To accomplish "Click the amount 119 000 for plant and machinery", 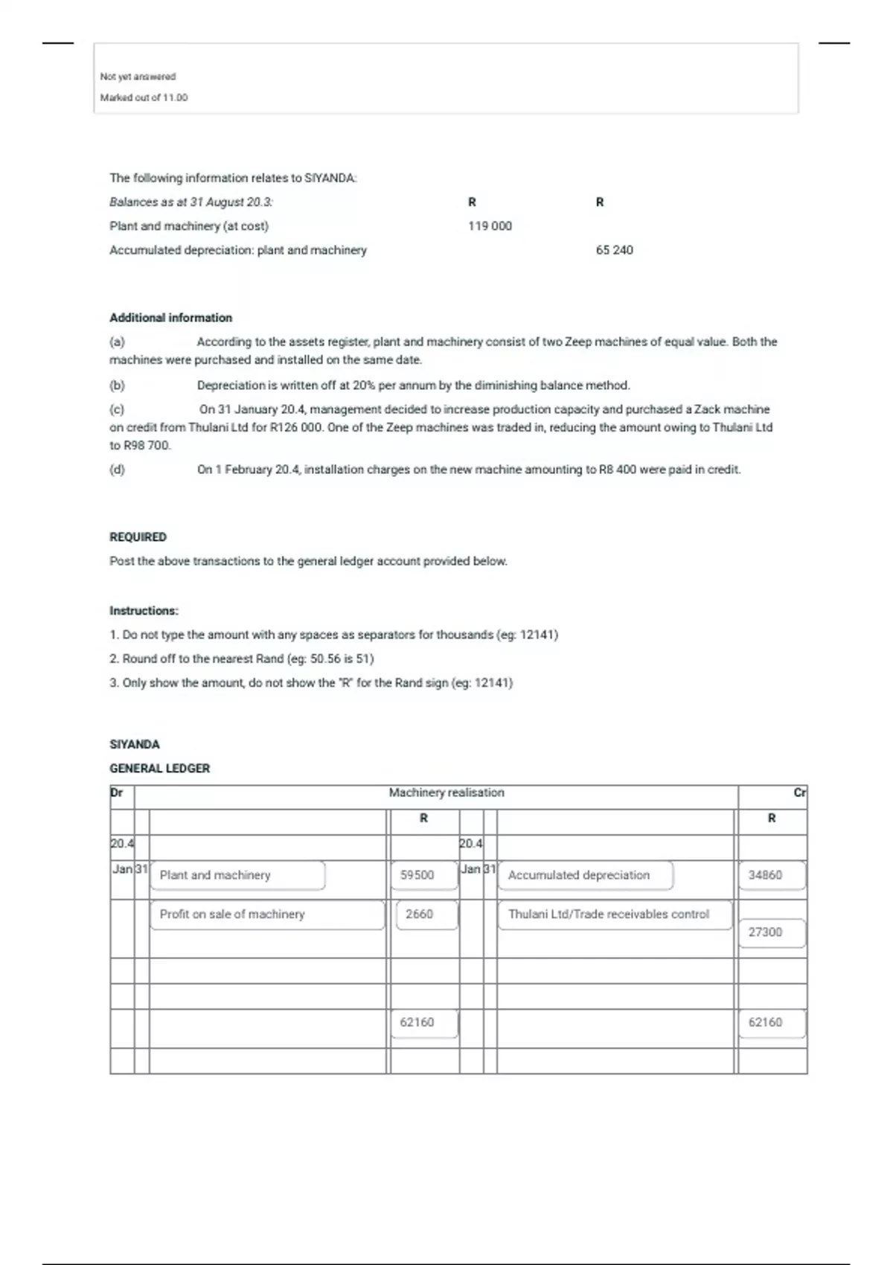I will tap(490, 226).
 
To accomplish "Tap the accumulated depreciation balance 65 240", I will tap(614, 250).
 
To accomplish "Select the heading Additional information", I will tap(170, 318).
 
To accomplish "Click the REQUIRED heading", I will tap(138, 537).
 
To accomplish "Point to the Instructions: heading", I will tap(144, 611).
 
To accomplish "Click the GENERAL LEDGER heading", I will tap(159, 769).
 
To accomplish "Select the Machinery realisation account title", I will tap(446, 793).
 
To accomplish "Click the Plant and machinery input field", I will tap(238, 875).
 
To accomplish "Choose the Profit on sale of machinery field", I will tap(268, 915).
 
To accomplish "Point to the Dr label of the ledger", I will tap(117, 792).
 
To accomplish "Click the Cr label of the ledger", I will tap(799, 793).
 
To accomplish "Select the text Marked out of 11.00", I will tap(144, 97).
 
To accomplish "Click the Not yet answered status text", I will tap(138, 77).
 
